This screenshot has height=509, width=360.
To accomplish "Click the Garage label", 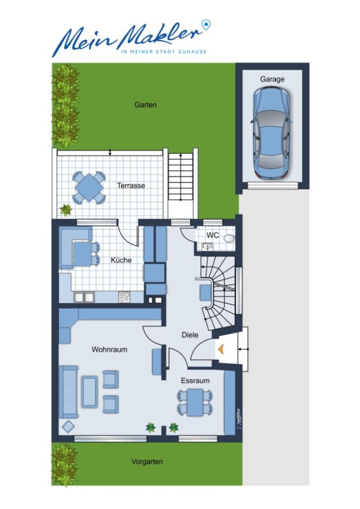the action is coord(272,79).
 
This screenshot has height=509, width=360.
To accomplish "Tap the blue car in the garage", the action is coord(271,133).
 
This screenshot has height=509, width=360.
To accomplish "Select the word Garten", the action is coord(145,105).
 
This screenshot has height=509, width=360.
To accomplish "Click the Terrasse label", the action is coord(131,186).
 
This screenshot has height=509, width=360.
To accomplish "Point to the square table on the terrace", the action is coord(89,188).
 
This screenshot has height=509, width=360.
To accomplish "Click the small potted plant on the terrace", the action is coord(66,210).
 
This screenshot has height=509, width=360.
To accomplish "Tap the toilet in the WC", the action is coord(230,238).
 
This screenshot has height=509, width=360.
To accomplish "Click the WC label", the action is coord(212,235).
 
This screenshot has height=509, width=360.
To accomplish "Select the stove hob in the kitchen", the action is coord(124,297).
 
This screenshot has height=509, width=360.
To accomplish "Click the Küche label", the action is coord(121,260).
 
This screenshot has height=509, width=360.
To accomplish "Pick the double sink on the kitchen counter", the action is coord(84,297).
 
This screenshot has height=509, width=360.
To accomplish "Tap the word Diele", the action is coord(190,335).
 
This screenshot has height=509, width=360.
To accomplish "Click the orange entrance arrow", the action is coord(221,348).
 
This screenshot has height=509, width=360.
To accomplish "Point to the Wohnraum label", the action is coord(109,350).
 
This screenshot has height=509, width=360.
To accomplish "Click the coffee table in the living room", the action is coord(89,392).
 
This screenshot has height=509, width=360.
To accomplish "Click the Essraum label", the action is coord(195,381).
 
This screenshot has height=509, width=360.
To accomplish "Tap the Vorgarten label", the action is coord(147,461).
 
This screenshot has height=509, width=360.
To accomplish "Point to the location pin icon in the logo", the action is coord(206,25).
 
